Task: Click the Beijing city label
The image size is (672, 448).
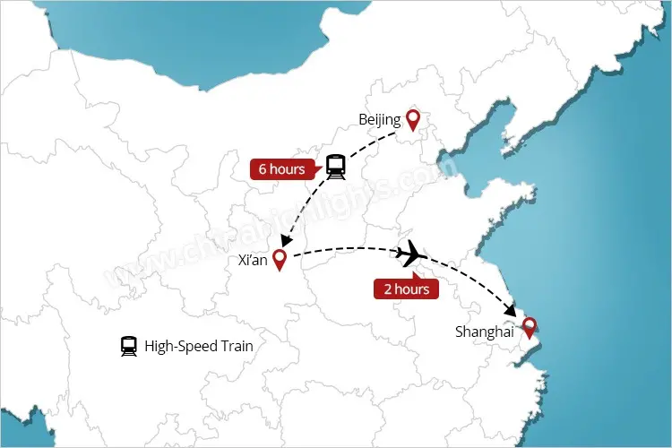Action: (379, 119)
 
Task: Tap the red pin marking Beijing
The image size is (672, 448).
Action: (412, 119)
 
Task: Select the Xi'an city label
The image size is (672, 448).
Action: (253, 261)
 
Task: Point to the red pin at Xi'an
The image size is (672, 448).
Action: (280, 260)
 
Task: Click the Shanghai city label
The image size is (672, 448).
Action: (484, 332)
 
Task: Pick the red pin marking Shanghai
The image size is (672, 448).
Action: (530, 326)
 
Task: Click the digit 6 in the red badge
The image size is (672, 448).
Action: (263, 168)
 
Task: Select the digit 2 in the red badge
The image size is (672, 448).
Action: (387, 289)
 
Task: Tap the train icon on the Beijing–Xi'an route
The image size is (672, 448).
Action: (336, 166)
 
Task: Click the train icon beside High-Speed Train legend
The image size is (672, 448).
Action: (129, 346)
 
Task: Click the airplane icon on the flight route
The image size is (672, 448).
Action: (411, 254)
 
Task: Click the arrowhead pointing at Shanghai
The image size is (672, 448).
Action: (511, 310)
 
